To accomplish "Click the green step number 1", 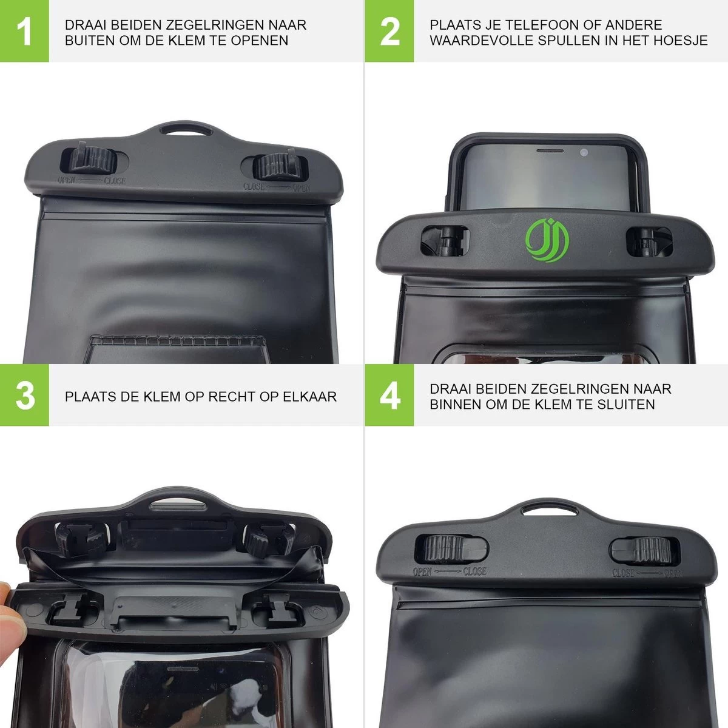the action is [24, 32].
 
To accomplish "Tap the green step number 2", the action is [389, 32].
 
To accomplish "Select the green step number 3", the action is [25, 396].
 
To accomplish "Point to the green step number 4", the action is [390, 396].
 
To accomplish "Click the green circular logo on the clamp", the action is [547, 240].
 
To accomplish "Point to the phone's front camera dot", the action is [584, 153].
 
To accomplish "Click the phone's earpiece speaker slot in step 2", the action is [550, 150].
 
